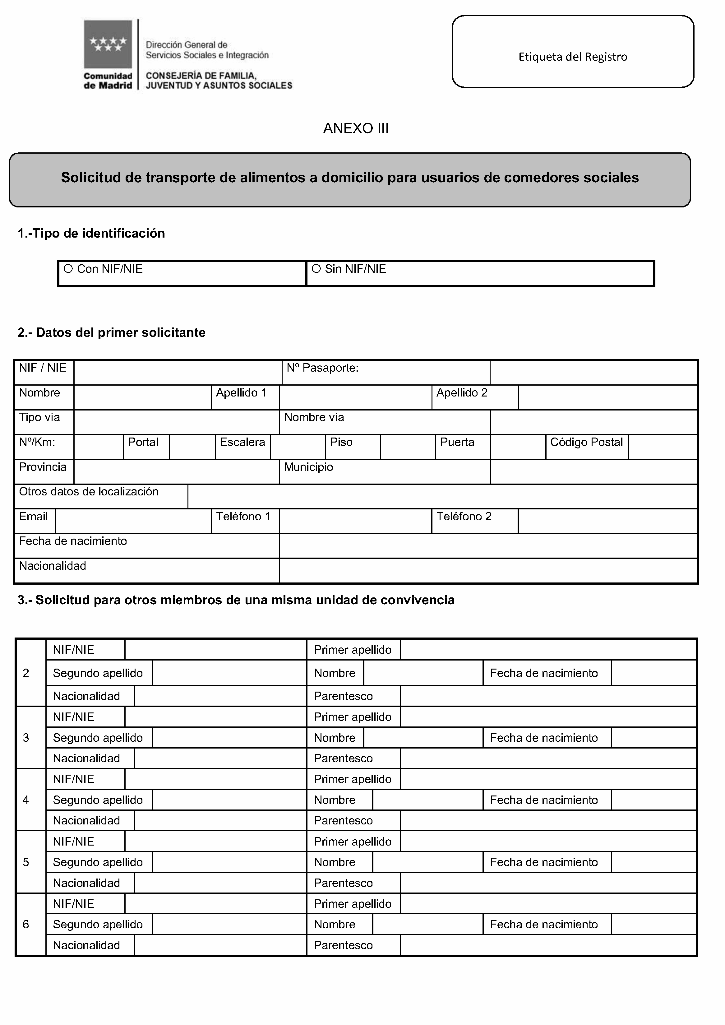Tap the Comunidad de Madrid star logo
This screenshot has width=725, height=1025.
pyautogui.click(x=108, y=44)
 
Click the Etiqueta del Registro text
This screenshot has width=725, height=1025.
pyautogui.click(x=573, y=57)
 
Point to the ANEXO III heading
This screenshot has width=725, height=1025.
pyautogui.click(x=356, y=128)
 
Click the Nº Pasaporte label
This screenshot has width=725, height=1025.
pyautogui.click(x=322, y=368)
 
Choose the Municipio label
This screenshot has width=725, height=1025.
pyautogui.click(x=308, y=467)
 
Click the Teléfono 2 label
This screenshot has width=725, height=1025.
pyautogui.click(x=464, y=517)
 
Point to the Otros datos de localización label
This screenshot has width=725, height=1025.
pyautogui.click(x=89, y=492)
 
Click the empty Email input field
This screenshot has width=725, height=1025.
pyautogui.click(x=133, y=522)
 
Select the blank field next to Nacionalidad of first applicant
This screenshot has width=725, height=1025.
pyautogui.click(x=488, y=571)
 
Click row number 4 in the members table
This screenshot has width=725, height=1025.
pyautogui.click(x=26, y=800)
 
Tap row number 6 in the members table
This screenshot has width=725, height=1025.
pyautogui.click(x=26, y=924)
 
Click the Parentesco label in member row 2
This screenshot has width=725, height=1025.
pyautogui.click(x=343, y=696)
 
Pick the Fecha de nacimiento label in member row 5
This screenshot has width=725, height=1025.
pyautogui.click(x=544, y=862)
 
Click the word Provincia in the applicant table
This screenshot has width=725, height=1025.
pyautogui.click(x=43, y=467)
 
